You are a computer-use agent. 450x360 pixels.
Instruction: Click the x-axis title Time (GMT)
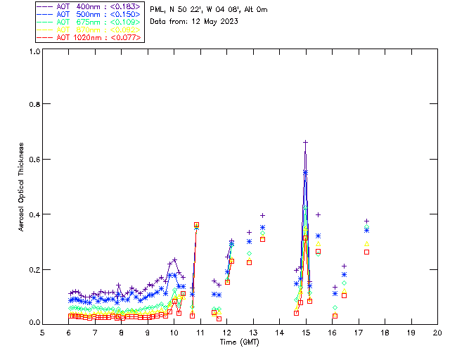pos(239,342)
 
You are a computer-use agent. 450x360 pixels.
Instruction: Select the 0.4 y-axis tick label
pos(32,214)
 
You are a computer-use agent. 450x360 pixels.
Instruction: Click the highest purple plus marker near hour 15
pos(305,142)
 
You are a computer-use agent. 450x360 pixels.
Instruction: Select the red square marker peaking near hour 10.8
pos(197,224)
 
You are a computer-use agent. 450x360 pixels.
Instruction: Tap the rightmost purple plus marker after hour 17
pos(366,221)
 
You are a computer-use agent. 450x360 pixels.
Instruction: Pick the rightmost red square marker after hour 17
pos(366,252)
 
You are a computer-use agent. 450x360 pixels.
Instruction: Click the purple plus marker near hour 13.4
pos(262,215)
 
